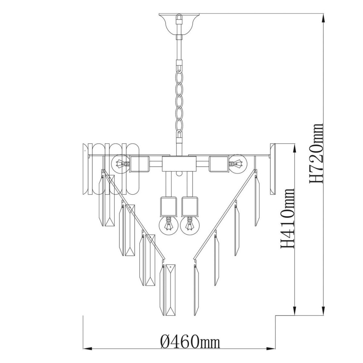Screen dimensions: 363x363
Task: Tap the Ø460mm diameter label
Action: (190, 334)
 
